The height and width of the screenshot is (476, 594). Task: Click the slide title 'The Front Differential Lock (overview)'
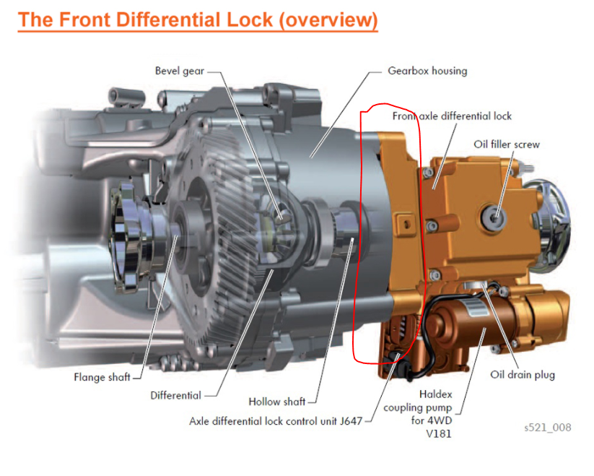[198, 19]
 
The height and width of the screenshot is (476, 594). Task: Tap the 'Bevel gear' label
[179, 71]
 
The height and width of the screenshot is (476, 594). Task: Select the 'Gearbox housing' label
[427, 71]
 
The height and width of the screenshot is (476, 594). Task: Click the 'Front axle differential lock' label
[452, 116]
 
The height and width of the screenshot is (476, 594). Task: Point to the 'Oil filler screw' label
[506, 144]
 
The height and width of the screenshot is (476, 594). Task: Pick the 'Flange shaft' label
[102, 377]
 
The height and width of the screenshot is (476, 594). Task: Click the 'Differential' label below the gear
[175, 395]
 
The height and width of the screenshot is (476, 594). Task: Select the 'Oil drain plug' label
[523, 375]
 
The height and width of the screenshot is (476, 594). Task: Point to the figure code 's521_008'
[548, 428]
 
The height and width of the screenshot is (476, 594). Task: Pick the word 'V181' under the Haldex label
[442, 434]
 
